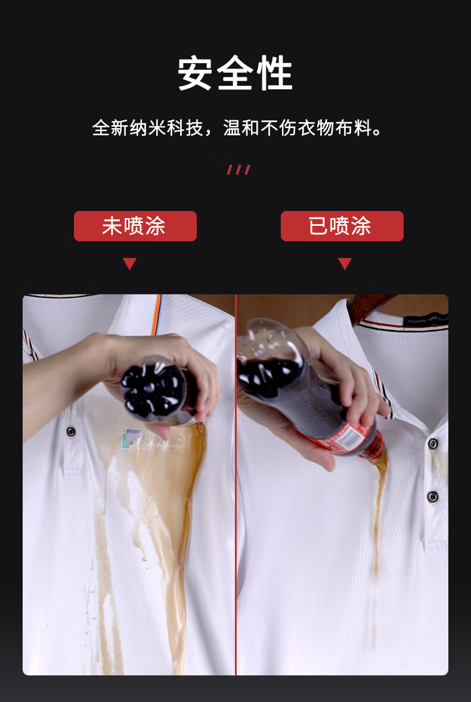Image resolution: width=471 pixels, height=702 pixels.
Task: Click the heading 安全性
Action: pos(235,74)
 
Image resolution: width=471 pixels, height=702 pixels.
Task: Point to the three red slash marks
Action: pos(238,170)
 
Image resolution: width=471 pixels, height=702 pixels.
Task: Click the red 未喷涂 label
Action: pos(135,226)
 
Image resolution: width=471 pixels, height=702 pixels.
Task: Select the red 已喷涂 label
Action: pos(342,226)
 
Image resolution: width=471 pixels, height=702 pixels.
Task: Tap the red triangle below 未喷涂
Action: pos(129,263)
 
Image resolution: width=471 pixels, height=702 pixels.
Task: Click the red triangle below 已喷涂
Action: pos(344,263)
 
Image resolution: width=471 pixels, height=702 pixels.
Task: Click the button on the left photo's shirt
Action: pos(71,431)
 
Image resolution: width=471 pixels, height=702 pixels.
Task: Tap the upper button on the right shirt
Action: pos(433,443)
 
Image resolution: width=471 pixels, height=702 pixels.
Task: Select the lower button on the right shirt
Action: pos(433,496)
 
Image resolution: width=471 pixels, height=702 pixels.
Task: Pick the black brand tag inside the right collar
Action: pos(427,320)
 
